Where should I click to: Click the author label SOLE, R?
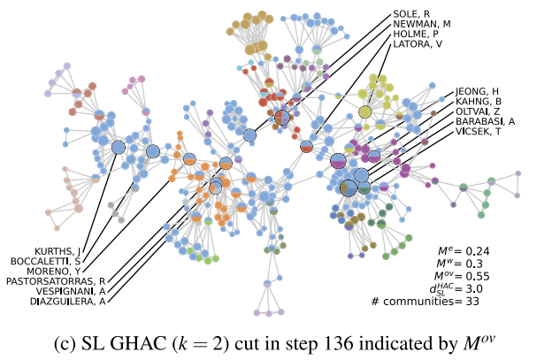[411, 13]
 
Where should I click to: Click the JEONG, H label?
[477, 91]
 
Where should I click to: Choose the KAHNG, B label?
[478, 102]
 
